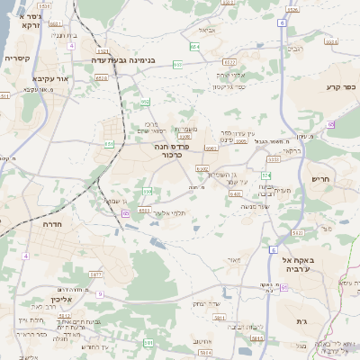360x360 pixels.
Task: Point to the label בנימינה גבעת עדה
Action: pos(130,60)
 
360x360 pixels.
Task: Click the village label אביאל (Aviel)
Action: pos(205,31)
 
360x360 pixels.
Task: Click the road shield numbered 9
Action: pos(100,294)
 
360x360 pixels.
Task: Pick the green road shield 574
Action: pos(265,175)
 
